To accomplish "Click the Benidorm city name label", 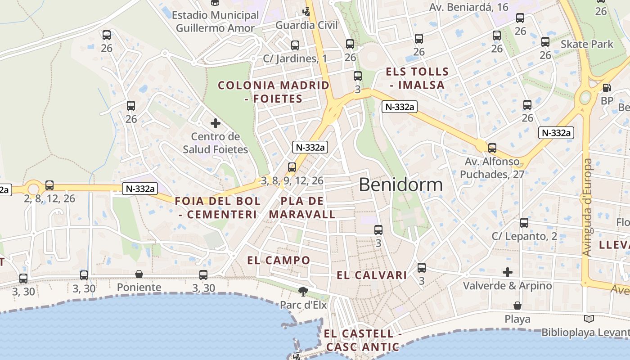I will tap(400, 185).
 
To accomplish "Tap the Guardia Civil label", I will tap(306, 25).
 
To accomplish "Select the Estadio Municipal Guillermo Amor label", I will tap(215, 22).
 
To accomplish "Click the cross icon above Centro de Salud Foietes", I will tap(216, 123).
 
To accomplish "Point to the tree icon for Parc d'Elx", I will tap(303, 292).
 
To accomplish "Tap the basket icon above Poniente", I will tap(139, 274).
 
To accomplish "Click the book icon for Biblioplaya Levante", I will tap(589, 319).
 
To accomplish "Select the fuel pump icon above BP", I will tap(607, 88).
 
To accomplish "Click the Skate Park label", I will tap(587, 44).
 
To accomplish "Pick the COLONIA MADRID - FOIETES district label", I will tap(274, 92).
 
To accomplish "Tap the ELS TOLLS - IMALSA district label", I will tap(417, 78).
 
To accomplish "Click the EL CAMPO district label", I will tap(279, 260).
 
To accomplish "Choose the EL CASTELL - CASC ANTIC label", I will tap(363, 340).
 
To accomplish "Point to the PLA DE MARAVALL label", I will tap(302, 207).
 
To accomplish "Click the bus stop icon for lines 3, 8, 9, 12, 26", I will tap(292, 167).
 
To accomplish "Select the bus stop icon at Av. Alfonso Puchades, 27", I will tap(492, 148).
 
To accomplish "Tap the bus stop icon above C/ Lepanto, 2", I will tap(524, 223).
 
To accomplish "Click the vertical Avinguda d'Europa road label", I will tap(587, 207).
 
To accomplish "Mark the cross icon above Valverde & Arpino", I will tap(508, 272).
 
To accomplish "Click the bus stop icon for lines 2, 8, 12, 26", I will tap(49, 185).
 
